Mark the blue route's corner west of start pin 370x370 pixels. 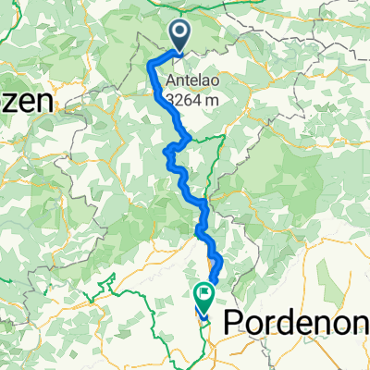tap(151, 62)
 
